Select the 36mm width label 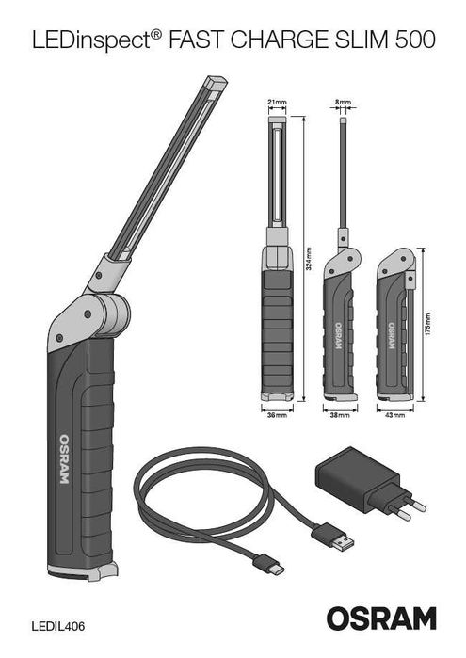point(276,414)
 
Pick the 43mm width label point(395,414)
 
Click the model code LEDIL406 point(57,624)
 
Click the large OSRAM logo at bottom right point(381,618)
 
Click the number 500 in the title point(413,40)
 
